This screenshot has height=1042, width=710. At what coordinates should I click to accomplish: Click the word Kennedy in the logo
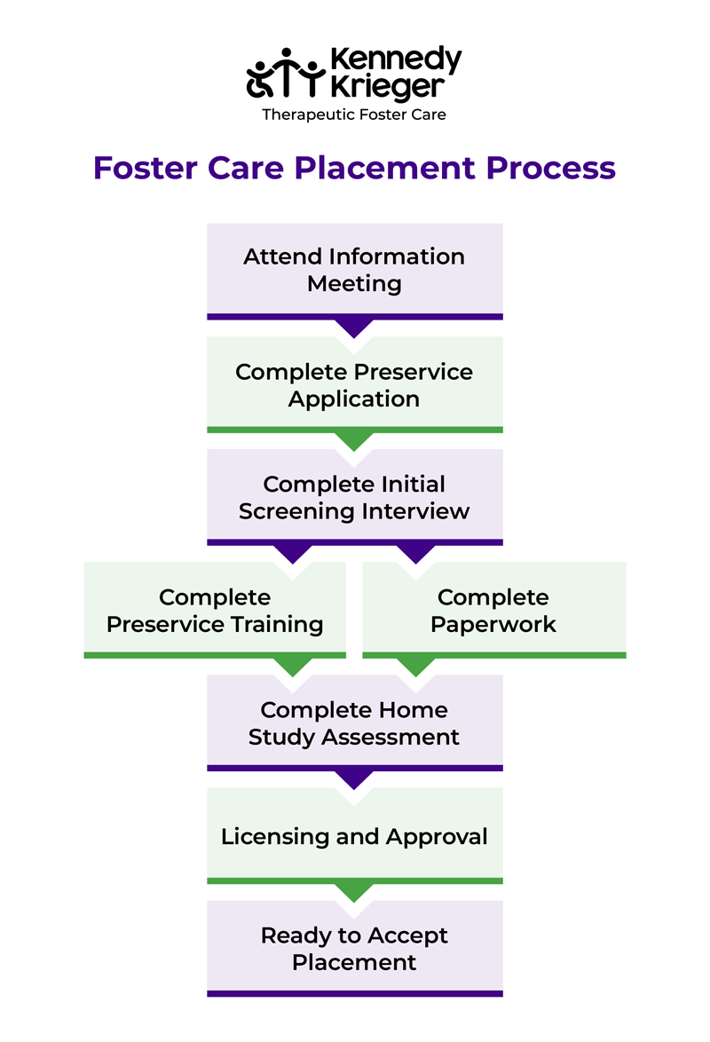pos(395,60)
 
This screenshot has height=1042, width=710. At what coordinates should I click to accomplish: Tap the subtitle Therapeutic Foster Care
pos(353,114)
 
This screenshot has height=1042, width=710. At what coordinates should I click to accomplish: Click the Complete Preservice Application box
pos(354,384)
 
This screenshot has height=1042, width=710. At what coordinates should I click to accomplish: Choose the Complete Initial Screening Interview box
pos(354,497)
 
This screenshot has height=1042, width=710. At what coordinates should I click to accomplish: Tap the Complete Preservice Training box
pos(215,610)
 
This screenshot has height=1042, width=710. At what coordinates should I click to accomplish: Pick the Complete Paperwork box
pos(493,610)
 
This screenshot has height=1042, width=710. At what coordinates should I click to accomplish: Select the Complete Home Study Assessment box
pos(354,722)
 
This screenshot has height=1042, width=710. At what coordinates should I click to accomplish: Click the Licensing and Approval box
pos(354,835)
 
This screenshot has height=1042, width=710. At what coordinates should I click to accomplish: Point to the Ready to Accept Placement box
pos(354,948)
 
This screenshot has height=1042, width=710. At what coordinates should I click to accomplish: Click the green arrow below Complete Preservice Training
pos(293,666)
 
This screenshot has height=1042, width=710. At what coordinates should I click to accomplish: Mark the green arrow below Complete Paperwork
pos(415,666)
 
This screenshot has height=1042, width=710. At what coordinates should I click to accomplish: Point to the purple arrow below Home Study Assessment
pos(354,778)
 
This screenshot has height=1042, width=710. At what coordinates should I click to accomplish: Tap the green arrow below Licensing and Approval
pos(354,891)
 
